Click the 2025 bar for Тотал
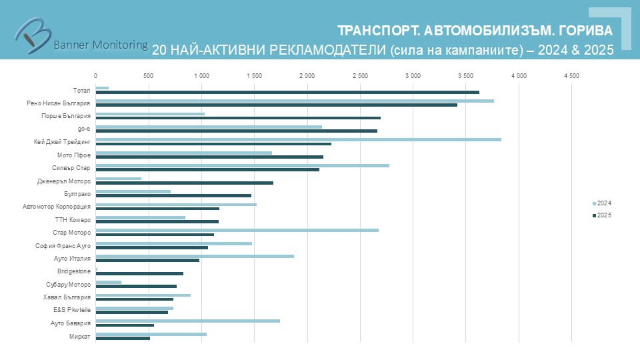tap(287, 92)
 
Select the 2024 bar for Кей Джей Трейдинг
tap(298, 139)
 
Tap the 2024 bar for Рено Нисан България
tap(295, 101)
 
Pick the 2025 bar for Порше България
tap(238, 118)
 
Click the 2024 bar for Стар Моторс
tap(237, 230)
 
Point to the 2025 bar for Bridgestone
tap(139, 273)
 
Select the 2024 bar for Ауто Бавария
tap(187, 321)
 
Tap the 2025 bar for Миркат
tap(123, 338)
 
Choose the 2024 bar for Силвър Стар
tap(242, 165)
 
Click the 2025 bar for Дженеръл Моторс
tap(184, 183)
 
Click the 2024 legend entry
tap(602, 203)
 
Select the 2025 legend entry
tap(602, 215)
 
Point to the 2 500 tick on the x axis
tap(360, 77)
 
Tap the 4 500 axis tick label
tap(571, 77)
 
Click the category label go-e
tap(84, 129)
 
